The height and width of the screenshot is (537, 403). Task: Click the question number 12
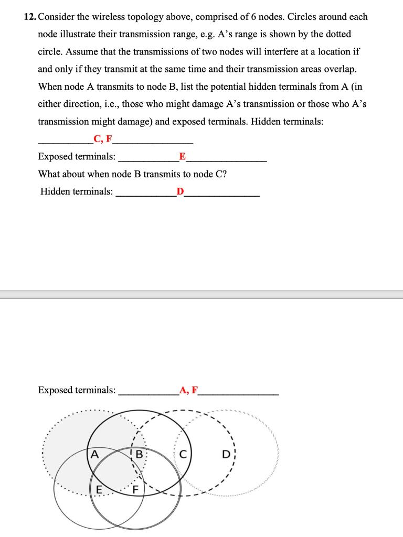[x=30, y=17]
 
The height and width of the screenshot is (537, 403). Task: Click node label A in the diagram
[x=95, y=454]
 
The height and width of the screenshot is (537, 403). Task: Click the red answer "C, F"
[x=103, y=139]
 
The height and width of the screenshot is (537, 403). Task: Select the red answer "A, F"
[x=189, y=390]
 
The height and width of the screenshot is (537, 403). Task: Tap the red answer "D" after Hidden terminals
[x=180, y=191]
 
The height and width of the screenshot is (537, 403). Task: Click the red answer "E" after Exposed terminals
[x=182, y=156]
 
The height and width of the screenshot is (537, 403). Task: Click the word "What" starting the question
[x=49, y=174]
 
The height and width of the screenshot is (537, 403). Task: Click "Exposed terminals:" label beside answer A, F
[x=77, y=390]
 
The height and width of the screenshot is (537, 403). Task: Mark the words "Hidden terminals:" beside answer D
[x=77, y=191]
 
